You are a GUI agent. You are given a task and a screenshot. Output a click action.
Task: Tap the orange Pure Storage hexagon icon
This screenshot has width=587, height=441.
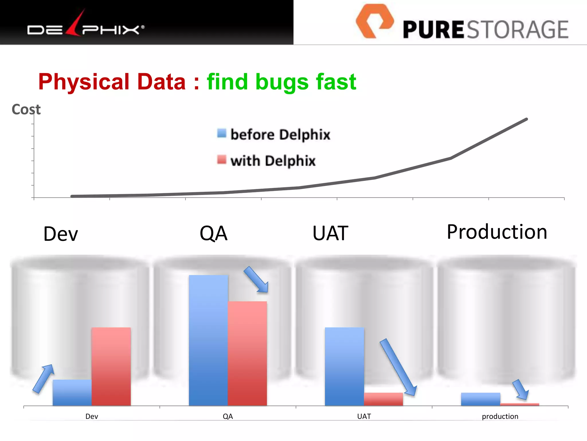click(x=374, y=21)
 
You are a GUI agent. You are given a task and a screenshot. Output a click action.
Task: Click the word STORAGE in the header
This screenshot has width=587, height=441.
click(x=518, y=30)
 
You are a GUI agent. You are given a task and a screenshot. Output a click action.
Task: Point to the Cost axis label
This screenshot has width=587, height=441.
click(x=26, y=109)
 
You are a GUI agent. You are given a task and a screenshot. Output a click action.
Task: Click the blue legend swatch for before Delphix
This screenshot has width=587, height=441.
click(x=222, y=133)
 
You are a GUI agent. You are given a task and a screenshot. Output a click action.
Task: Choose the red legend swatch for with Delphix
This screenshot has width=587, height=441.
click(x=222, y=159)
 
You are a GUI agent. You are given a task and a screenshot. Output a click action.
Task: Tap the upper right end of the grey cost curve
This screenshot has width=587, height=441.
click(x=526, y=119)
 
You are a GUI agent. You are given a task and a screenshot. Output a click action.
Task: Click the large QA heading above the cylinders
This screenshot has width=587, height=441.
click(x=214, y=233)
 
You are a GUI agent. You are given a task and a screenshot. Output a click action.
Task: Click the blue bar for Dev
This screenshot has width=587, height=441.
click(x=72, y=392)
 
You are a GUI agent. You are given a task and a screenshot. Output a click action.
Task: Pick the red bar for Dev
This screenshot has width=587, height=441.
click(x=111, y=367)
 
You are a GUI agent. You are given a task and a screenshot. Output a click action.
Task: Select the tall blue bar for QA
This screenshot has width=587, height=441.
click(x=208, y=340)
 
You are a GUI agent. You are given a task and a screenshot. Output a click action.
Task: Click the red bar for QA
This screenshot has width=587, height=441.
click(x=247, y=353)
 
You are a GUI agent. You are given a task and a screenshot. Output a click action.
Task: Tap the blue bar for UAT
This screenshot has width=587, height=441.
click(x=344, y=367)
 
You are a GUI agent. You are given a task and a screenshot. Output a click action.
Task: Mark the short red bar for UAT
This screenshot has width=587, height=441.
click(x=383, y=399)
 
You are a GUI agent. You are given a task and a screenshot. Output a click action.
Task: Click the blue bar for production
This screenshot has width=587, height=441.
click(x=480, y=399)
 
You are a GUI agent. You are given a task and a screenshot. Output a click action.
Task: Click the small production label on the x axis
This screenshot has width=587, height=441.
click(x=500, y=416)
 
